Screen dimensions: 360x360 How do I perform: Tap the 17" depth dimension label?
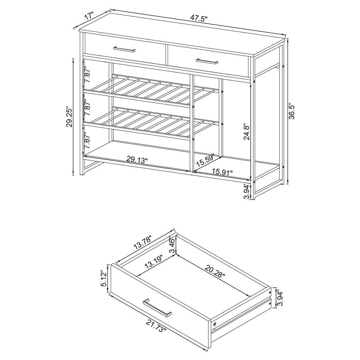89,17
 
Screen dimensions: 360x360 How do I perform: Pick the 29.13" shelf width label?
137,160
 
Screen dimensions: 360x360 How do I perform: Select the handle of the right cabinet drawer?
207,61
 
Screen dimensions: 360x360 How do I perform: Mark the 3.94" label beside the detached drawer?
280,298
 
